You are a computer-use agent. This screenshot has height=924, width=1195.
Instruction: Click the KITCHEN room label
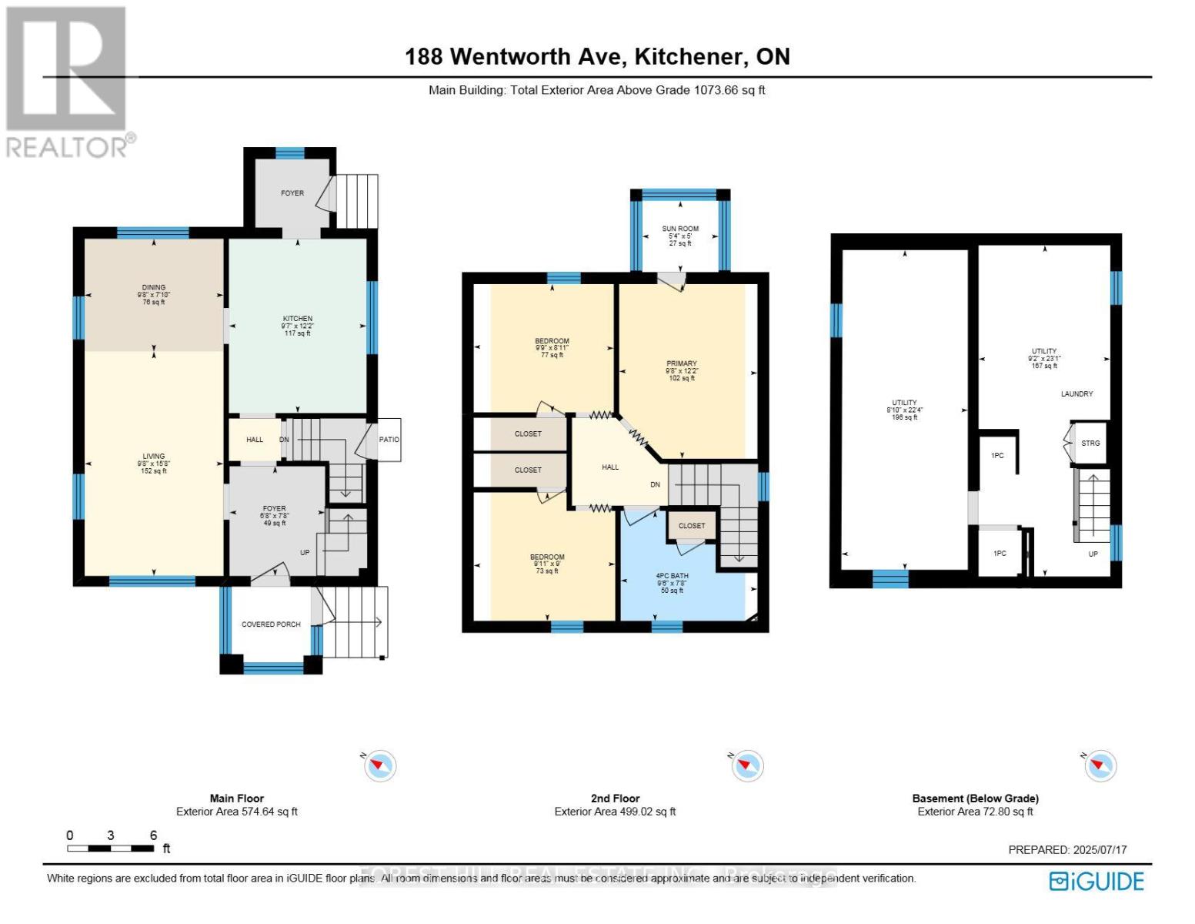coord(298,319)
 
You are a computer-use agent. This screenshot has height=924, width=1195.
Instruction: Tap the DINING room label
coord(153,288)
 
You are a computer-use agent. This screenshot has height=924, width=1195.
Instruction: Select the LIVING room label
coord(153,457)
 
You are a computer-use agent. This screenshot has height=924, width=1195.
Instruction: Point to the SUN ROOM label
coord(680,229)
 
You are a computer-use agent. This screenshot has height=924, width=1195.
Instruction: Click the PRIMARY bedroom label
coord(681,363)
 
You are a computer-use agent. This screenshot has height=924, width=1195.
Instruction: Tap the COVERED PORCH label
coord(271,624)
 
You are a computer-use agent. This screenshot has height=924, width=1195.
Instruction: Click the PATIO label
coord(389,440)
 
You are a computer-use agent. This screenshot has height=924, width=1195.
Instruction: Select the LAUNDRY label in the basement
coord(1077,394)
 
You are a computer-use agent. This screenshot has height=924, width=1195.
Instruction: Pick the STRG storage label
coord(1090,444)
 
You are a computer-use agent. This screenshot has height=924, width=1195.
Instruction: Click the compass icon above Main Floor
coord(380,765)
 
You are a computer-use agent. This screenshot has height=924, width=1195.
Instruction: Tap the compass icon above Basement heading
coord(1100,765)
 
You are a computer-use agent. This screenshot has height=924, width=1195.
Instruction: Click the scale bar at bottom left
coord(110,849)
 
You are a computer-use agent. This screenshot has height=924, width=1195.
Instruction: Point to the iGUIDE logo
coord(1097,881)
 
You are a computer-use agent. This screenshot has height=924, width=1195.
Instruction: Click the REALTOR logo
coord(68,81)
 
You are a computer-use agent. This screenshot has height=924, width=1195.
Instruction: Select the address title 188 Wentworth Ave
coord(597,56)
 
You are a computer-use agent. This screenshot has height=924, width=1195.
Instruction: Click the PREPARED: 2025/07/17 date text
coord(1067,850)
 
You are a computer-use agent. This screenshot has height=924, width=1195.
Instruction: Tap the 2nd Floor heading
coord(615,798)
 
